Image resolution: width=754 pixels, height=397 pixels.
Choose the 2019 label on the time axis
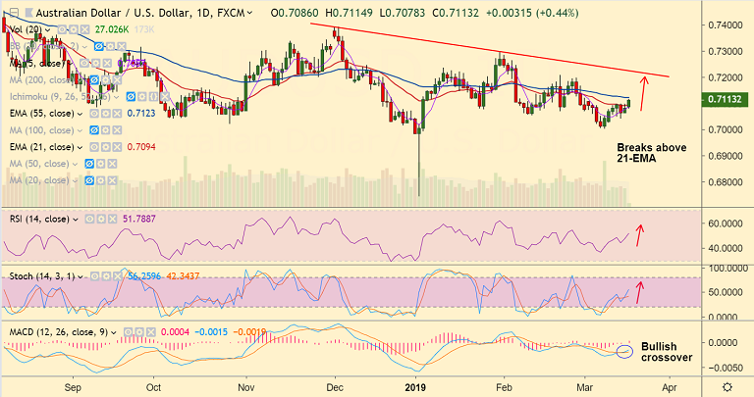point(417,386)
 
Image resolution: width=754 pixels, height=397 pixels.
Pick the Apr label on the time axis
point(669,386)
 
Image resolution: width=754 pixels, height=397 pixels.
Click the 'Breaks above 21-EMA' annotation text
point(651,155)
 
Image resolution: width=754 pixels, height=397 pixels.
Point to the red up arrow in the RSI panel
point(641,234)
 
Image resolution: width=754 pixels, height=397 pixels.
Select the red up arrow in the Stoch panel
point(641,290)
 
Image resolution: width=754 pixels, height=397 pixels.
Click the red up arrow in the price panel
point(643,93)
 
